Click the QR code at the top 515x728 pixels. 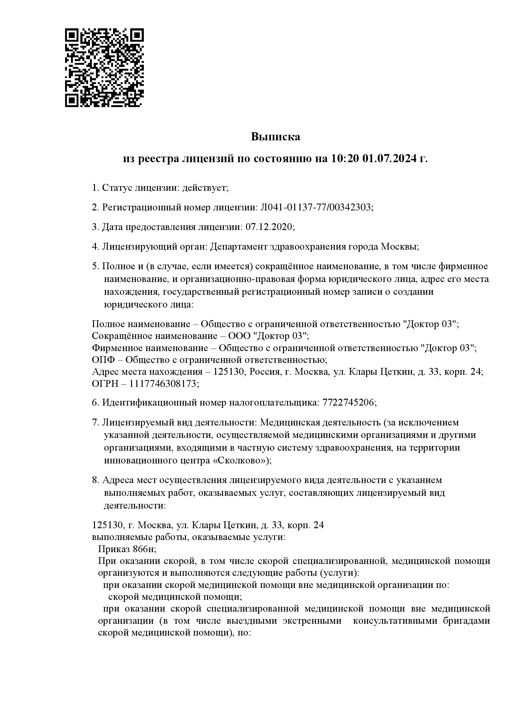[x=105, y=68]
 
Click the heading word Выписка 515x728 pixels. [x=275, y=137]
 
